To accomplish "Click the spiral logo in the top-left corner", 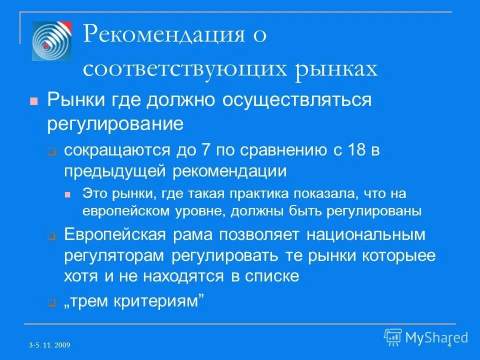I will tap(51, 41).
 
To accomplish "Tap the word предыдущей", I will tap(116, 171).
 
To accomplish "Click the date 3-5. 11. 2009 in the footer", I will tap(49, 345).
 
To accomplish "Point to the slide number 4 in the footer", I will tap(449, 345).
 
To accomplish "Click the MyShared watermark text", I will tap(436, 337).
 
